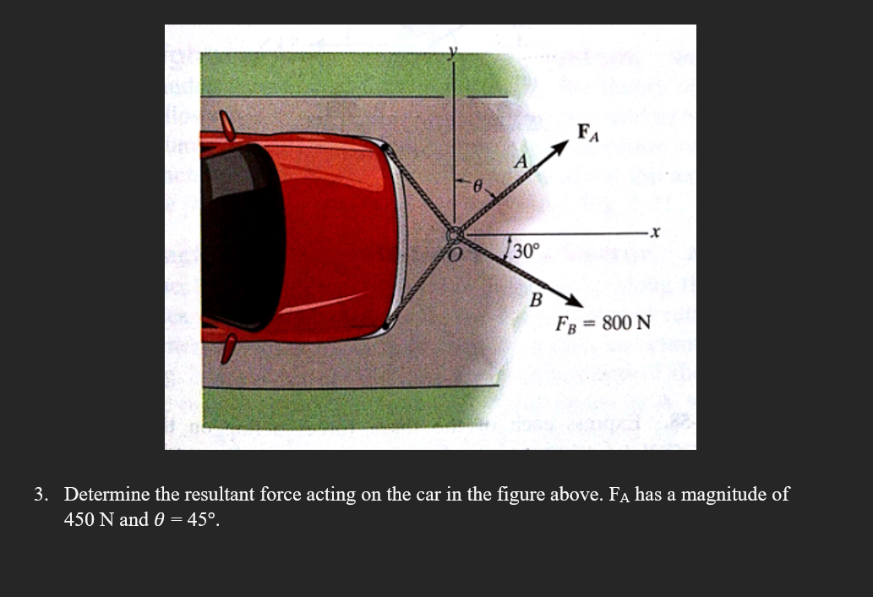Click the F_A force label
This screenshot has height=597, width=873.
tap(587, 133)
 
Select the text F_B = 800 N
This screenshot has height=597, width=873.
tap(603, 323)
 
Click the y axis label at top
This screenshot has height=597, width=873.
tap(453, 52)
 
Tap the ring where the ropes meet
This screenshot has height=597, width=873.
tap(455, 234)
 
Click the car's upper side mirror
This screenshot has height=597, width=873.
tap(226, 124)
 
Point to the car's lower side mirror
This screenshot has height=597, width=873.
tap(226, 348)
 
